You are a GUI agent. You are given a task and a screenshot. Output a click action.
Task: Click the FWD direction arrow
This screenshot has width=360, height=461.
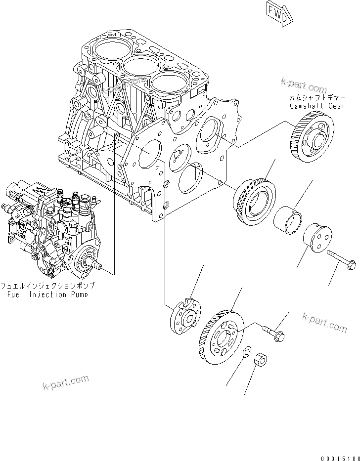coord(278,13)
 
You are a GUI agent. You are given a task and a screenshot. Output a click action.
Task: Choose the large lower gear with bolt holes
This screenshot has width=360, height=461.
coord(221,335)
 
